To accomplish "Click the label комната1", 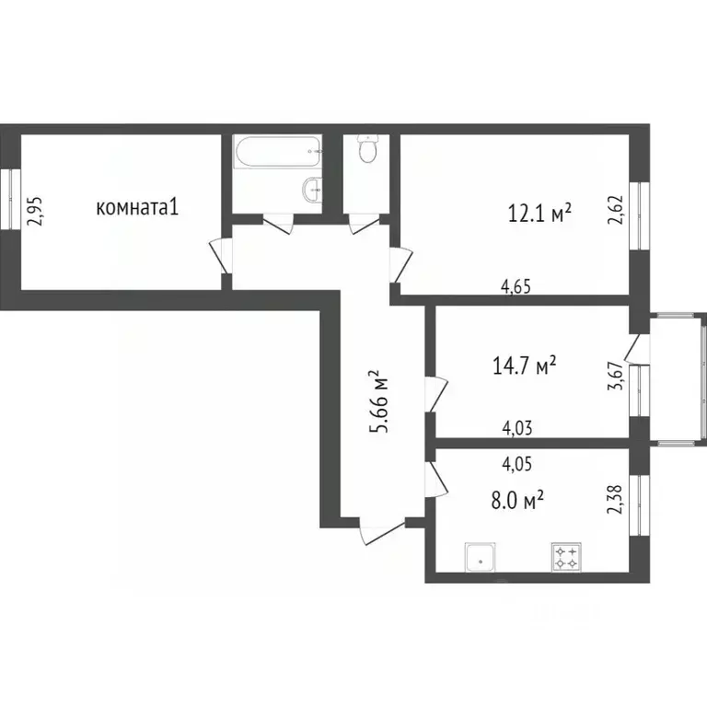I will click(x=136, y=208).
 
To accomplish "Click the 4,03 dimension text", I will click(x=517, y=427).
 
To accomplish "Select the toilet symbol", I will click(x=368, y=149).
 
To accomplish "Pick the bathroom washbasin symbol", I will click(x=312, y=191).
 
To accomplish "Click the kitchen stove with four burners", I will click(x=565, y=557).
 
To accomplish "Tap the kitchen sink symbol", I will click(x=481, y=557).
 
